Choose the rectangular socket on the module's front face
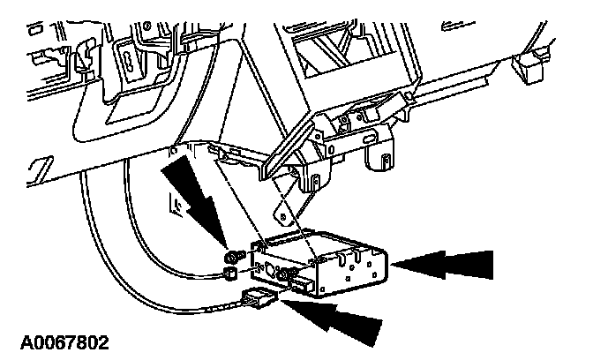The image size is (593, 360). tap(301, 284)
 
